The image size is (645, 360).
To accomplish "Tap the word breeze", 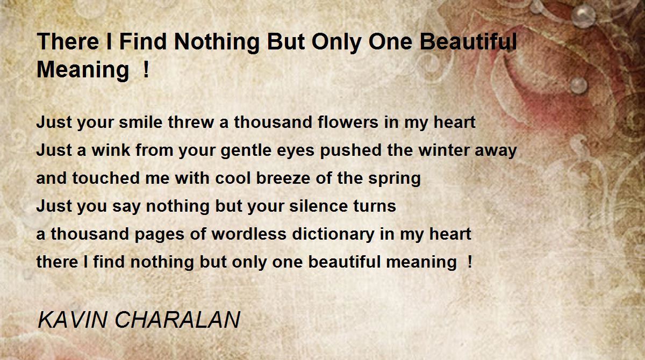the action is pyautogui.click(x=283, y=178).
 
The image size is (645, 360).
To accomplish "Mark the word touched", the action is pyautogui.click(x=106, y=178).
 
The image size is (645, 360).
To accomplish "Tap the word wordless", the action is pyautogui.click(x=249, y=234).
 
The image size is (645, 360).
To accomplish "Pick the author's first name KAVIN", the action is pyautogui.click(x=73, y=319).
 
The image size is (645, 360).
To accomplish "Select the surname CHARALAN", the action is pyautogui.click(x=177, y=319).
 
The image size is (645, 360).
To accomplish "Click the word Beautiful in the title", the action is pyautogui.click(x=469, y=41).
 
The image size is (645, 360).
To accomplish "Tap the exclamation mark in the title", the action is pyautogui.click(x=146, y=69).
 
